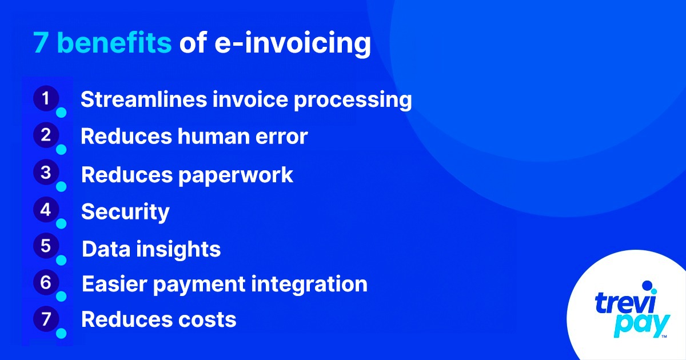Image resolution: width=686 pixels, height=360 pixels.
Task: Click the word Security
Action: pos(125,213)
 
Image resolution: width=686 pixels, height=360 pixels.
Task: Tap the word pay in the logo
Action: pos(640,326)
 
